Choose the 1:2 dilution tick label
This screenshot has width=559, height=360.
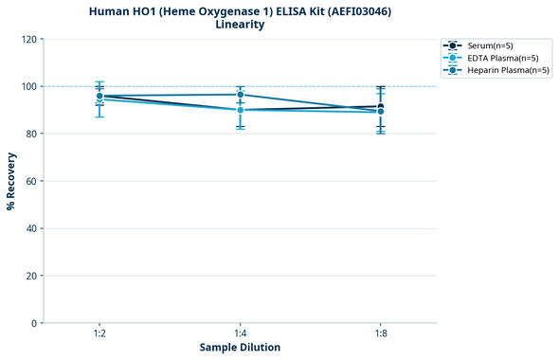(x=99, y=333)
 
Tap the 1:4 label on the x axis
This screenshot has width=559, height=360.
(x=240, y=333)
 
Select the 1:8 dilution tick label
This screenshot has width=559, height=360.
(x=381, y=333)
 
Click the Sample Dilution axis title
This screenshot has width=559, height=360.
(x=240, y=348)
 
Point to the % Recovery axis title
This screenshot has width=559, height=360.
(x=11, y=181)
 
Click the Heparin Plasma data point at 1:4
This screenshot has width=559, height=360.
(x=241, y=95)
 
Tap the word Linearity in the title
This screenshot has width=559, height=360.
(x=240, y=25)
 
